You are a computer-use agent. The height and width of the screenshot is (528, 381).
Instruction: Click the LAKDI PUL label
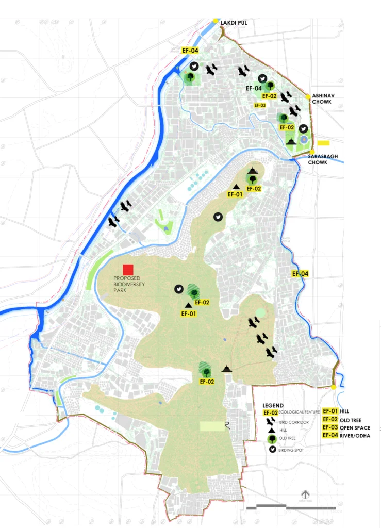pos(235,23)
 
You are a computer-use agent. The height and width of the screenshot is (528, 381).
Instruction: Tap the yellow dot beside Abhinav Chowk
pos(308,96)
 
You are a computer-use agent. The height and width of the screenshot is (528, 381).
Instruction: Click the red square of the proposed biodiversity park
pos(128,270)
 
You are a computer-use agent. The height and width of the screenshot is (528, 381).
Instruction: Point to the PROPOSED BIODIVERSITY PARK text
pos(129,285)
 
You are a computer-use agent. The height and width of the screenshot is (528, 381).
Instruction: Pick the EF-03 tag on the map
pos(259,105)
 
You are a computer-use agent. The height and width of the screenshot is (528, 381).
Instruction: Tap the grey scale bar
pos(289,507)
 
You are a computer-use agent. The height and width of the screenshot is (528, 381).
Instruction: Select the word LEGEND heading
pos(273,405)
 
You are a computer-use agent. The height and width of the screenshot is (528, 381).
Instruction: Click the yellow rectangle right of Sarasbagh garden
pos(323,143)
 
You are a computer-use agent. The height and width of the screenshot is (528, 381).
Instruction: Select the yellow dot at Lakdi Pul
pos(215,21)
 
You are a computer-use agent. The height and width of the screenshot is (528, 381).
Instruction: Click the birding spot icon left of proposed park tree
pos(179,289)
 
